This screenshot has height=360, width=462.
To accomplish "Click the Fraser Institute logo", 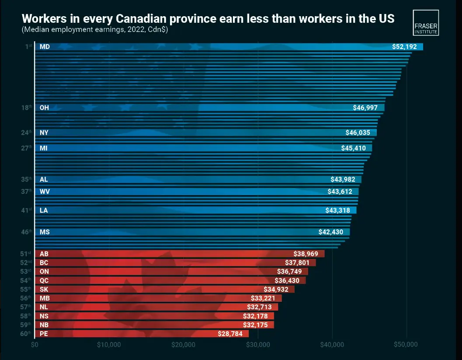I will tap(426, 22).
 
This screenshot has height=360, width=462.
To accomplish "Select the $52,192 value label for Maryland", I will tap(406, 47).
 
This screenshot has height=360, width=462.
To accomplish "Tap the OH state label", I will tap(44, 108).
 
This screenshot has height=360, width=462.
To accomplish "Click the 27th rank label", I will tap(27, 148).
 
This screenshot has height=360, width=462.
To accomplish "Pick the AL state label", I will tap(44, 179).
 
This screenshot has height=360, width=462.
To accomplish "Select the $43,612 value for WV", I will tap(342, 192).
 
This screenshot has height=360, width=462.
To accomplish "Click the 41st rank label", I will tap(27, 210).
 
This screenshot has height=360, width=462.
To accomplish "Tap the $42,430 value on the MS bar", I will tap(333, 232).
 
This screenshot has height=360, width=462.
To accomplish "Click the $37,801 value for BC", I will tap(299, 263).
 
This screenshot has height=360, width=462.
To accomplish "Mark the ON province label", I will tap(44, 272).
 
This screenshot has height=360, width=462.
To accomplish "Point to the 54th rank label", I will tap(27, 280).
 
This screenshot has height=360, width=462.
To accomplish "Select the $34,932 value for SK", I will tap(278, 290).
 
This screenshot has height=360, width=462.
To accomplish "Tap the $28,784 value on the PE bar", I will tap(233, 334).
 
